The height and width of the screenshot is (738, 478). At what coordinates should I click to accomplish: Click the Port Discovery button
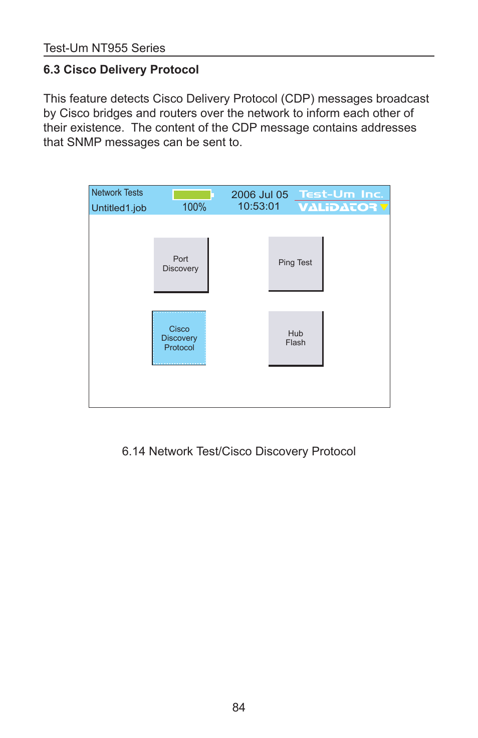tap(181, 264)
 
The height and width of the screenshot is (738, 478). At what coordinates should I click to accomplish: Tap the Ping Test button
tap(296, 263)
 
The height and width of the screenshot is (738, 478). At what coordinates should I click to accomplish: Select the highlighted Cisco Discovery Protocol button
tap(179, 338)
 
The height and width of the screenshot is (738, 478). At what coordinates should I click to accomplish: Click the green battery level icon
tap(192, 195)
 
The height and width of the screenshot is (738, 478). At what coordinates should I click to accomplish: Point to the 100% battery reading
tap(194, 207)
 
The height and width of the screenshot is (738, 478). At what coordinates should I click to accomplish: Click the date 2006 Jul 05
tap(260, 195)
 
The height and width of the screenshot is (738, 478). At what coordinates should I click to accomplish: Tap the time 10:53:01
tap(259, 206)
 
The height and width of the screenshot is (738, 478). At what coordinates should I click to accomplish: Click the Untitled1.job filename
tap(119, 208)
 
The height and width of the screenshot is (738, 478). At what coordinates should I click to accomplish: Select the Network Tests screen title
tap(117, 193)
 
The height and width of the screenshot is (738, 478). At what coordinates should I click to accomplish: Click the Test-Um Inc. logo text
tap(341, 194)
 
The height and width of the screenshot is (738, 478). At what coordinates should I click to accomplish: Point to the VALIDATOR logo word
tap(337, 207)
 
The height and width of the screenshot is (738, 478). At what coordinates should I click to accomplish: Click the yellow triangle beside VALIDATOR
tap(384, 207)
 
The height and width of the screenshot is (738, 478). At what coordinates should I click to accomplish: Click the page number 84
tap(238, 707)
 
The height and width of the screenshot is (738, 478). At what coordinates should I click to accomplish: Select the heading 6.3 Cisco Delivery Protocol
tap(121, 70)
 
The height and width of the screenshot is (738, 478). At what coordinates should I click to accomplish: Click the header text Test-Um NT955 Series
tap(104, 48)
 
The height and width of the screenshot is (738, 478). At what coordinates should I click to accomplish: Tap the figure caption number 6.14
tap(133, 451)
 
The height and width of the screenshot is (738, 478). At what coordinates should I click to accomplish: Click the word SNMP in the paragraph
tap(84, 142)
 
